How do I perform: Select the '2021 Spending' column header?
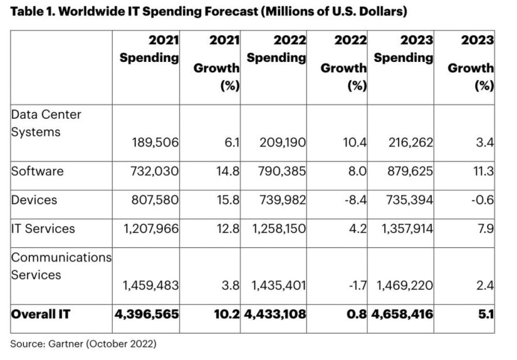[x=149, y=49]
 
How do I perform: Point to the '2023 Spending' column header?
[x=404, y=49]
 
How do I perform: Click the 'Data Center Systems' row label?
[x=46, y=123]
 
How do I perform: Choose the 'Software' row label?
[x=37, y=171]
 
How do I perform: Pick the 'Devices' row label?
[x=34, y=200]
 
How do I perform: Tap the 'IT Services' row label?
[x=43, y=229]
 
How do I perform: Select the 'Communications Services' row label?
[x=61, y=265]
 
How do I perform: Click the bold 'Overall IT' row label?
[x=41, y=315]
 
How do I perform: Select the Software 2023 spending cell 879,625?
[x=407, y=172]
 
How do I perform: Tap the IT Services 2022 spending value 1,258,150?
[x=276, y=229]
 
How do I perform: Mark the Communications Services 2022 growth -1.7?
[x=355, y=286]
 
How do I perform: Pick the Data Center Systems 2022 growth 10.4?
[x=353, y=143]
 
